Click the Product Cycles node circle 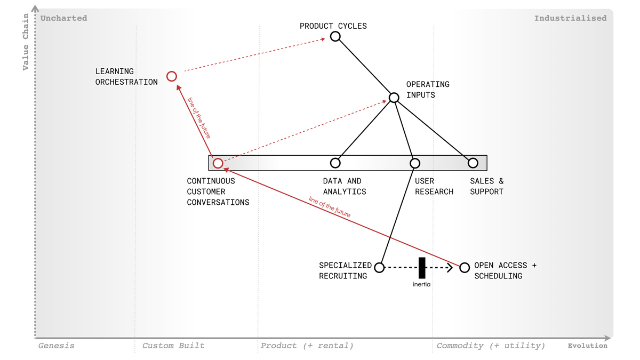[x=335, y=36]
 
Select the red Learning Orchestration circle [x=172, y=76]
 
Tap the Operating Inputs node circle [x=394, y=98]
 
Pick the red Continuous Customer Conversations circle [x=218, y=163]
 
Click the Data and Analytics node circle [x=335, y=163]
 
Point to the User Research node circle [x=415, y=163]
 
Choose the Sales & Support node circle [x=473, y=163]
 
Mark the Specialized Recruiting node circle [x=379, y=268]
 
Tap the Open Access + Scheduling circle [x=465, y=267]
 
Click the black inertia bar [x=422, y=267]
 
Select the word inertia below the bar [x=421, y=284]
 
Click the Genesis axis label [x=57, y=346]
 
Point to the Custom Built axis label [x=173, y=346]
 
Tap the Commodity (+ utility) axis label [x=491, y=346]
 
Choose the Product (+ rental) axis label [x=307, y=346]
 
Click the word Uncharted [x=63, y=18]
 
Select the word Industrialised [x=570, y=18]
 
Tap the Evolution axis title [x=587, y=346]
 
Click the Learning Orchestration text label [x=126, y=76]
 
